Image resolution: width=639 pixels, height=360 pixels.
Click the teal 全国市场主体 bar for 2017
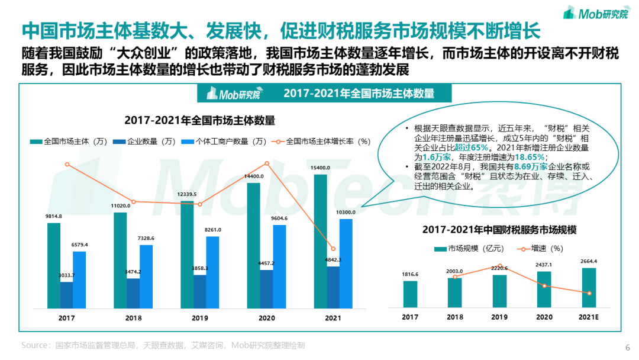tap(54, 265)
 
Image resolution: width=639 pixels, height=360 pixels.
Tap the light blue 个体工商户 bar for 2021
tap(346, 263)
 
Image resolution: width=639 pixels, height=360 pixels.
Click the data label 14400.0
tap(254, 176)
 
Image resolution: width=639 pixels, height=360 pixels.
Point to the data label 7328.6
tap(146, 238)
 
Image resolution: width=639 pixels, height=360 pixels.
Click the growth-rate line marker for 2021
tap(333, 249)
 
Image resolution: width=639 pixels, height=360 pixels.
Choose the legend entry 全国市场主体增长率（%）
tap(322, 142)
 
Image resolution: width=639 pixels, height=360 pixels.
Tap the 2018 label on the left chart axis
tap(133, 318)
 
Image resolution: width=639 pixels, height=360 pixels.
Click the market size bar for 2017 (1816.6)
tap(410, 294)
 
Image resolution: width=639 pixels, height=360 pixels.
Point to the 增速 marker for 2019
tap(500, 266)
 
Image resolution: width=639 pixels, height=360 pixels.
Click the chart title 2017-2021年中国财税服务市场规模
tap(500, 229)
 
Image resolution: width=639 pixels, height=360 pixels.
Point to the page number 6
tap(627, 348)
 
